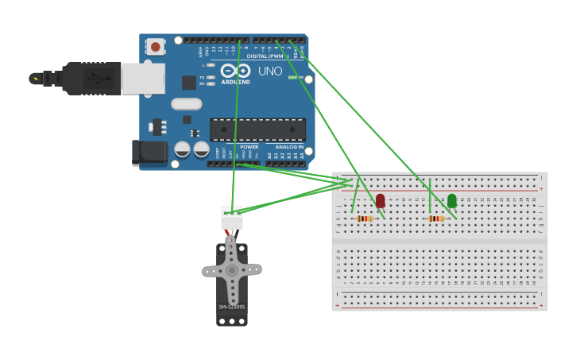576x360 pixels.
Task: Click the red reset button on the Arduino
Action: point(155,47)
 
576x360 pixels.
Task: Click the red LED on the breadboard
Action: point(381,200)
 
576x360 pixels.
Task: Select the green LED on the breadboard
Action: point(452,200)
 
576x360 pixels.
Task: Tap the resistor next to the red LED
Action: point(365,219)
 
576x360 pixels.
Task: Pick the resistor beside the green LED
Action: point(436,219)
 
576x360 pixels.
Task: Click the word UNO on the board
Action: point(270,72)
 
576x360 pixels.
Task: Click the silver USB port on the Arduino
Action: point(144,79)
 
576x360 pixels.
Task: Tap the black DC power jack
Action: point(149,152)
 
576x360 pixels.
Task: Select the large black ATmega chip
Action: point(257,130)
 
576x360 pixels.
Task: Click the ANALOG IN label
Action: point(289,147)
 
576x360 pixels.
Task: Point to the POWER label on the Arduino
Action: point(249,147)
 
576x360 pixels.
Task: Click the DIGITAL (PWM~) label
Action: point(265,56)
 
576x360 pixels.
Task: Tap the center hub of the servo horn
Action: point(231,270)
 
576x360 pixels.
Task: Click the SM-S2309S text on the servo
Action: point(232,307)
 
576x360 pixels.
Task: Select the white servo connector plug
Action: point(232,218)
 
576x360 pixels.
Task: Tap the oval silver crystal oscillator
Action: point(187,103)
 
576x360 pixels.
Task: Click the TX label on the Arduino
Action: point(202,77)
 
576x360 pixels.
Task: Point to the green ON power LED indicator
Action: point(292,77)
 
